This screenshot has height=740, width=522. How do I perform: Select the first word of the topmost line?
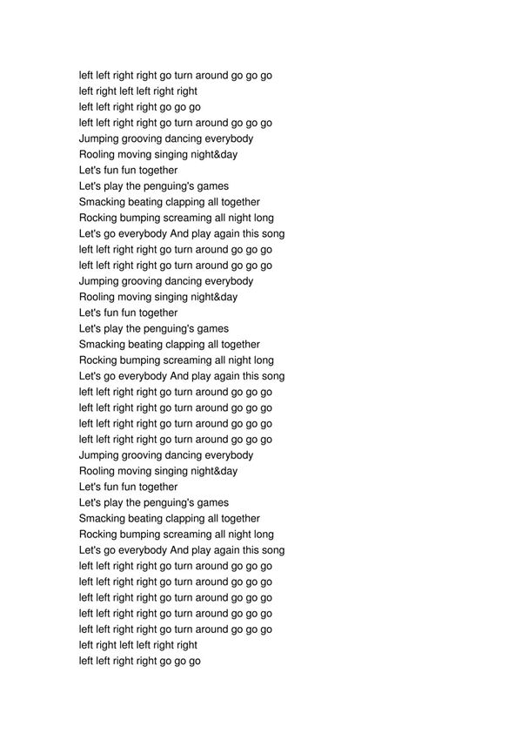coord(86,76)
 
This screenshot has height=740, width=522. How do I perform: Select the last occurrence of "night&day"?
coord(215,472)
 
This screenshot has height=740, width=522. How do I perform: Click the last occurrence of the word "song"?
coord(272,550)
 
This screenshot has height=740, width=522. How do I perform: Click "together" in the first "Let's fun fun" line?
coord(158,171)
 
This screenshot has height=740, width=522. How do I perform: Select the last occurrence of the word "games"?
coord(214,503)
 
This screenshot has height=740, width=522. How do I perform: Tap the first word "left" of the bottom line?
coord(86,662)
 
